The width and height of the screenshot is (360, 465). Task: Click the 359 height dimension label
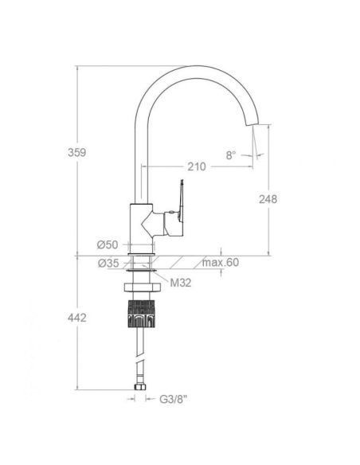[x=76, y=152]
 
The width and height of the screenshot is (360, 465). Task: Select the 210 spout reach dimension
[x=197, y=166]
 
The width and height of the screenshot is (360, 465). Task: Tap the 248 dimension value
[x=268, y=199]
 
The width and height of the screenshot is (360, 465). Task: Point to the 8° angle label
[x=231, y=154]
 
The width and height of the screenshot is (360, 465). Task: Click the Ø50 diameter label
[x=108, y=244]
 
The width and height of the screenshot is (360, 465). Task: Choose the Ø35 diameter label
[x=108, y=263]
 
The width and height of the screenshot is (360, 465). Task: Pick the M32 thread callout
[x=181, y=283]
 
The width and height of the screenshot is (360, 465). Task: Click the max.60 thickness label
[x=221, y=263]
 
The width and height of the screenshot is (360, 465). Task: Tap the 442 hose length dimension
[x=77, y=318]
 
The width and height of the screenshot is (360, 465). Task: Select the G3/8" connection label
[x=174, y=399]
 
